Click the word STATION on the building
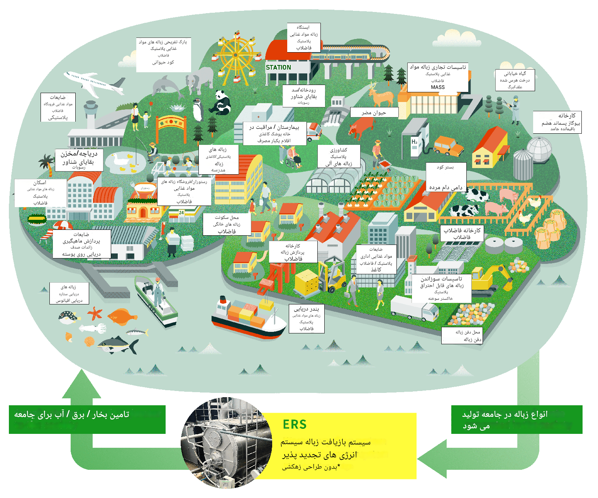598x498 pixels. click(x=278, y=67)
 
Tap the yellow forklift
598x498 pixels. click(x=332, y=275)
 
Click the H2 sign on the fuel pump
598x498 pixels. click(x=414, y=142)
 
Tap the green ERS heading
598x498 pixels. click(x=295, y=425)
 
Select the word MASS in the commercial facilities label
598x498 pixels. click(x=438, y=87)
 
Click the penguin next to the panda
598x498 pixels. click(x=198, y=110)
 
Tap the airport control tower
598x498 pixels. click(x=91, y=112)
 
